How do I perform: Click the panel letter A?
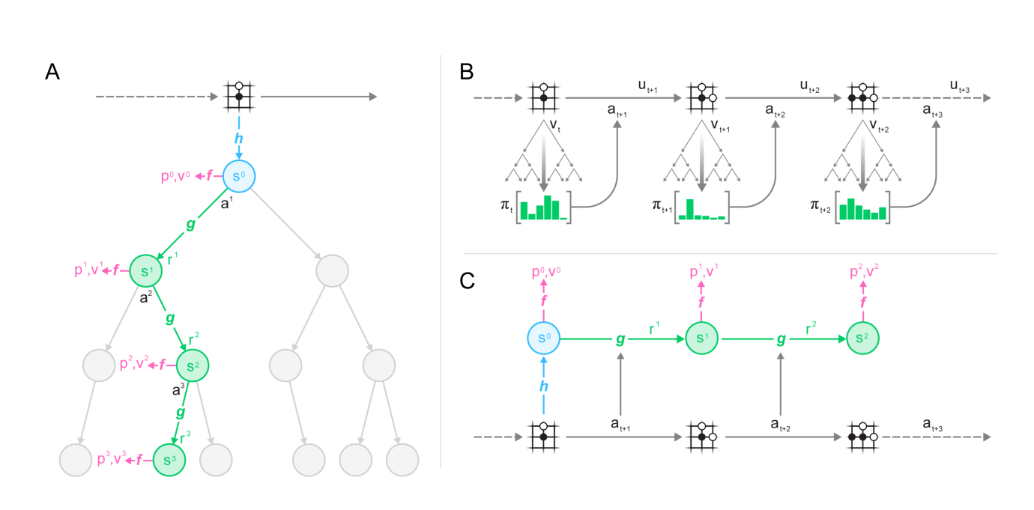[52, 72]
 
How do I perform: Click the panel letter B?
[467, 72]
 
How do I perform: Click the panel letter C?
[467, 281]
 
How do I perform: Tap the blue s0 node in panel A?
[239, 176]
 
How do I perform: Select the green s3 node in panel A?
[169, 460]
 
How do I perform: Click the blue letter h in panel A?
[239, 138]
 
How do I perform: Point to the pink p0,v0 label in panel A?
[175, 176]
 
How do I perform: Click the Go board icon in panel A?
[239, 96]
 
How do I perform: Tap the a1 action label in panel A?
[226, 203]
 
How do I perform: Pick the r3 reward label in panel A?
[184, 437]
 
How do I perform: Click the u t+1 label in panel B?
[647, 86]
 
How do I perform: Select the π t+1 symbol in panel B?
[662, 206]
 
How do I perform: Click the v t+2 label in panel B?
[879, 126]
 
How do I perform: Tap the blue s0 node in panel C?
[544, 339]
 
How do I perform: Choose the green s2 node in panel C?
[862, 339]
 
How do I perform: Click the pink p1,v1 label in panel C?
[704, 271]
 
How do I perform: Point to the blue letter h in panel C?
[544, 386]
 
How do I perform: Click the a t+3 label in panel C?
[932, 425]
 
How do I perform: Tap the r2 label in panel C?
[811, 328]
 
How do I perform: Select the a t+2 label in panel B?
[775, 111]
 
